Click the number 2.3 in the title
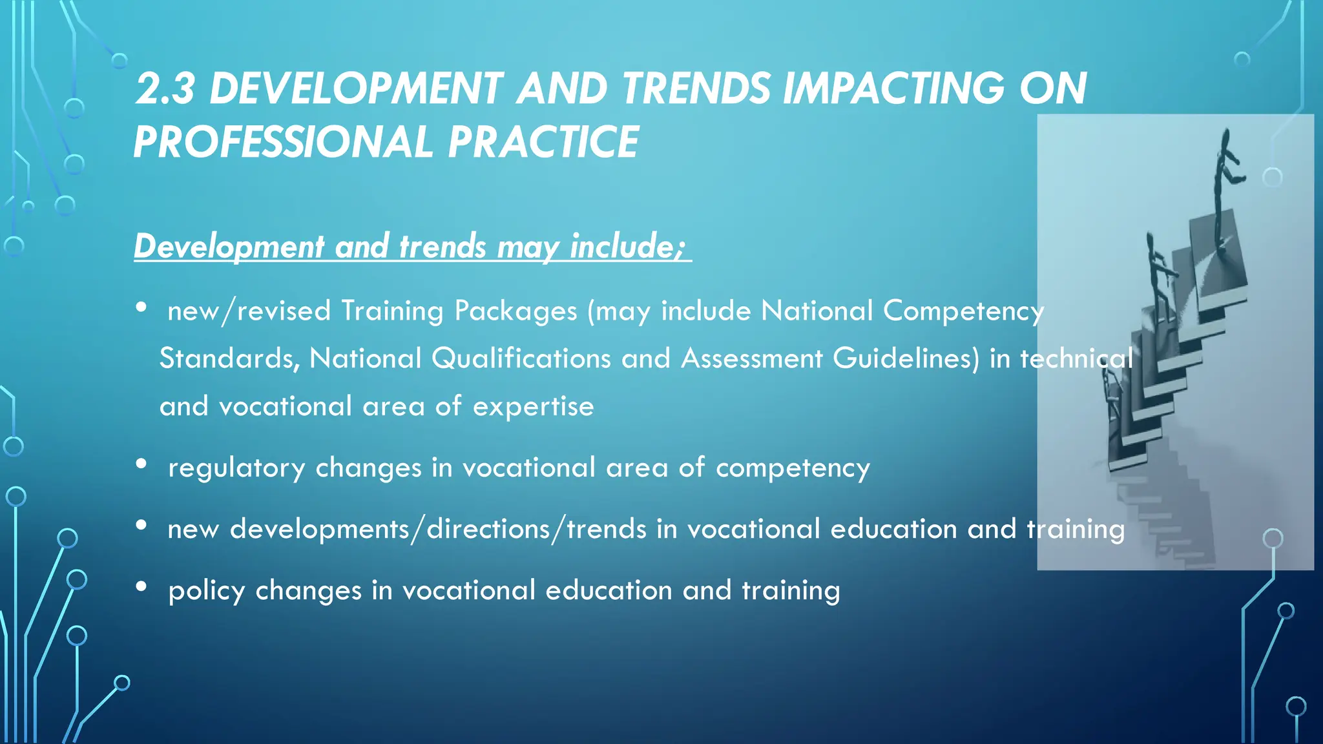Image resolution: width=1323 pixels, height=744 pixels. point(165,88)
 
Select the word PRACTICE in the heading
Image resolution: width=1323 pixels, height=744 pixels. point(543,142)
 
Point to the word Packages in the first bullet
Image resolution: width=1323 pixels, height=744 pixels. point(516,311)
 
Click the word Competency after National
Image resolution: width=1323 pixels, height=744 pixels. point(963,311)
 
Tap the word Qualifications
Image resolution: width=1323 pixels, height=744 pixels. point(521,358)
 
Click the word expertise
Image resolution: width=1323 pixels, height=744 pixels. point(533,407)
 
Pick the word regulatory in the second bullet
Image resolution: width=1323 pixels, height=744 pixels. point(236,468)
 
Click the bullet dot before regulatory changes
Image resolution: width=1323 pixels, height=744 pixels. point(141,464)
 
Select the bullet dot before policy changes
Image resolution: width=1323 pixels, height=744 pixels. point(141,586)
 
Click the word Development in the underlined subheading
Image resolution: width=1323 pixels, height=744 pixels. point(229,246)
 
